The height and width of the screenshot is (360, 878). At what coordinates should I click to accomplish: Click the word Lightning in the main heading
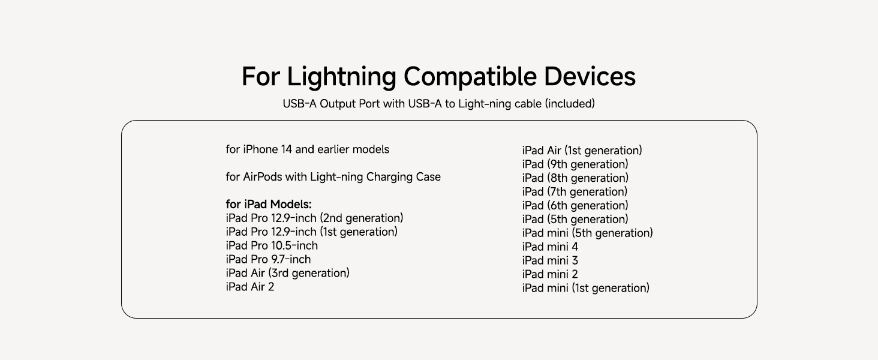point(341,77)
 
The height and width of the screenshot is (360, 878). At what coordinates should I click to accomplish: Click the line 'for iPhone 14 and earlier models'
point(307,149)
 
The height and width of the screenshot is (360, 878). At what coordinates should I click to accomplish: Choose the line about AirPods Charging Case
point(333,177)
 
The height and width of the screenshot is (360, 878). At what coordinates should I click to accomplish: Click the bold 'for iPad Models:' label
point(269,205)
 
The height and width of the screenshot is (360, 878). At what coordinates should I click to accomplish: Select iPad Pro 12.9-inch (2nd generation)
point(314,218)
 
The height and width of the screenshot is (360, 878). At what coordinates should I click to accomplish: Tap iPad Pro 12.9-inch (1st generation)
point(311,232)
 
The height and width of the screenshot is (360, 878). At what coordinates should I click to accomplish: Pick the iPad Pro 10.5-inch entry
point(272,246)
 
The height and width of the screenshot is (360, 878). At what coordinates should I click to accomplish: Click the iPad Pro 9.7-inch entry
point(268,260)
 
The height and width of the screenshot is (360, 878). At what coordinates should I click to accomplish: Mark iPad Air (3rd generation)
point(287,274)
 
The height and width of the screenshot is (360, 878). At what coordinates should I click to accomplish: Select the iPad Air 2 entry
point(250,287)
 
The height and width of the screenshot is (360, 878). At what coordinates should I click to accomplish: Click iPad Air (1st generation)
point(582,151)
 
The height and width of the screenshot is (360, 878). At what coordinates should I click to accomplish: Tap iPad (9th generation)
point(575,164)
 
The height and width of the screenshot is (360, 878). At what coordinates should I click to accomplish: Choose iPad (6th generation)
point(575,206)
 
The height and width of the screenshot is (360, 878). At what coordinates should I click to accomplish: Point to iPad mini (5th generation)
point(587,233)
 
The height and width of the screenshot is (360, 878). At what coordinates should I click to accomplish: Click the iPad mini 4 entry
point(550,247)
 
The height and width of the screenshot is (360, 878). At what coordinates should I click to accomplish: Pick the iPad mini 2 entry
point(550,275)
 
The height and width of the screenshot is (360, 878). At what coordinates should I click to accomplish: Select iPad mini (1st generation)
point(585,289)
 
